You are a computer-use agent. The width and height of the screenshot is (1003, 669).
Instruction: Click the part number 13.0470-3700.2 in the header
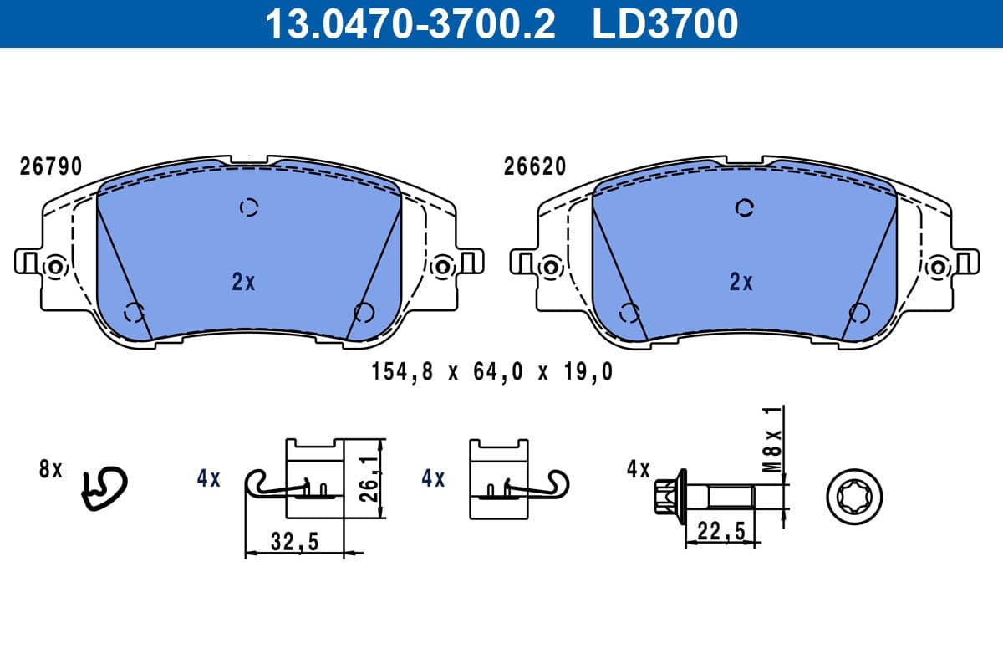click(x=410, y=23)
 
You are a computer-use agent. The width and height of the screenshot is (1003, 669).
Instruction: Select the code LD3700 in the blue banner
click(x=665, y=23)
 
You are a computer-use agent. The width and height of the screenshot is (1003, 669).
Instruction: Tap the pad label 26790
click(x=51, y=167)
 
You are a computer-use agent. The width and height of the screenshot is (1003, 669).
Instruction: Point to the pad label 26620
click(x=535, y=167)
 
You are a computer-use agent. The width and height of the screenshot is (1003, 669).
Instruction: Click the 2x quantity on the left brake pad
click(x=243, y=283)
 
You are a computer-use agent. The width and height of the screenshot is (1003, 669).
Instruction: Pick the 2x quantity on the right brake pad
click(x=741, y=283)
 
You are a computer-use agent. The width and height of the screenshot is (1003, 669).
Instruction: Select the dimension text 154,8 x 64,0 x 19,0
click(x=491, y=373)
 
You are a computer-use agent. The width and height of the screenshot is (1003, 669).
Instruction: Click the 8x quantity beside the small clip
click(x=51, y=470)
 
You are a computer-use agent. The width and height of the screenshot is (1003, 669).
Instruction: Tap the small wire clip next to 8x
click(x=103, y=488)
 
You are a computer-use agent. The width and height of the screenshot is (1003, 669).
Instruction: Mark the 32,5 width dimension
click(x=296, y=542)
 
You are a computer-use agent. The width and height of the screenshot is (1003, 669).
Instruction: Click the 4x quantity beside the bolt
click(x=639, y=470)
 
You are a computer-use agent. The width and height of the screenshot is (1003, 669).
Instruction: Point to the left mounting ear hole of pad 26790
click(x=55, y=267)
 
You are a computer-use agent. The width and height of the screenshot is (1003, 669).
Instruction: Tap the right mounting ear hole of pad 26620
click(x=938, y=267)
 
